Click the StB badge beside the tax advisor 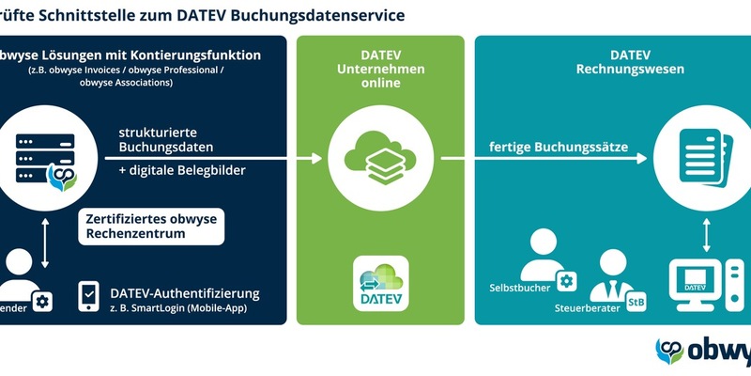coord(636,302)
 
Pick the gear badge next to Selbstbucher coord(566,280)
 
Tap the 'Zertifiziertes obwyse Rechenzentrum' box coord(150,227)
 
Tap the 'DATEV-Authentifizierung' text coord(184,293)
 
